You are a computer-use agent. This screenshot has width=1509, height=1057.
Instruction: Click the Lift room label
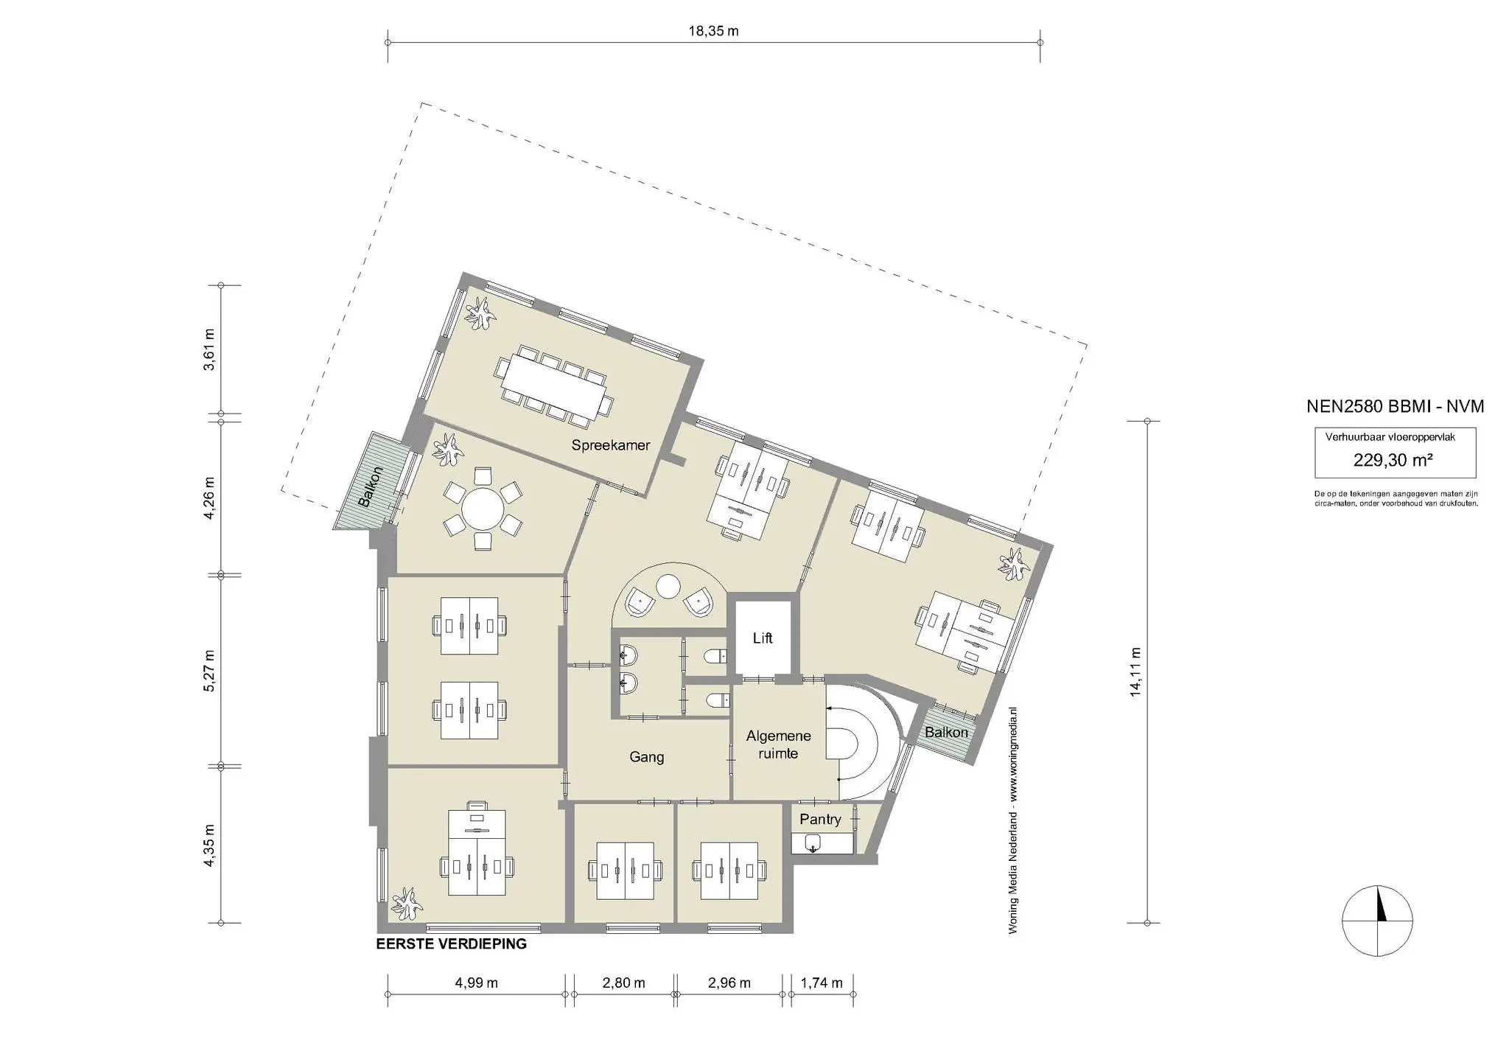[x=763, y=638]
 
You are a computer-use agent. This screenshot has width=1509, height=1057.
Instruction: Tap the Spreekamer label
[x=611, y=445]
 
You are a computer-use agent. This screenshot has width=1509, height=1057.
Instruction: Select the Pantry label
[x=820, y=820]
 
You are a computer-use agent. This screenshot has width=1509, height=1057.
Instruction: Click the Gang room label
[x=647, y=757]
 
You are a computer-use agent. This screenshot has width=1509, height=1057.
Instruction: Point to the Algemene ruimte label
[x=778, y=744]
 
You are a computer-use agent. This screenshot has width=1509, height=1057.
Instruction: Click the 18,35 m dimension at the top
[x=713, y=31]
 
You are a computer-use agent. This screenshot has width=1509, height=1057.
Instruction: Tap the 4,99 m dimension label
[x=476, y=983]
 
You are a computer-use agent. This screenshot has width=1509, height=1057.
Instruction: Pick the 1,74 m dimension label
[x=822, y=983]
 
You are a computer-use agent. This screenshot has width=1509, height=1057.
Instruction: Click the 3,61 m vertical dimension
[x=210, y=349]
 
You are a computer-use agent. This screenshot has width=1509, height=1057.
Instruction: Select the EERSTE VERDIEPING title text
[x=451, y=944]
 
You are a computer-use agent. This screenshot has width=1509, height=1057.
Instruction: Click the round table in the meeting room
[x=483, y=509]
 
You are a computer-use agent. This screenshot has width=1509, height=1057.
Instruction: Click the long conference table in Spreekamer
[x=554, y=390]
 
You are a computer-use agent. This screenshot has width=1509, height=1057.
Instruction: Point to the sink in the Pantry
[x=813, y=843]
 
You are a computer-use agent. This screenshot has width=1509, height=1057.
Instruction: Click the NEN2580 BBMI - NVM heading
[x=1395, y=406]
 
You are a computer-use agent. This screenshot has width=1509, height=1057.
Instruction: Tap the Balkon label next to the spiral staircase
[x=946, y=733]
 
